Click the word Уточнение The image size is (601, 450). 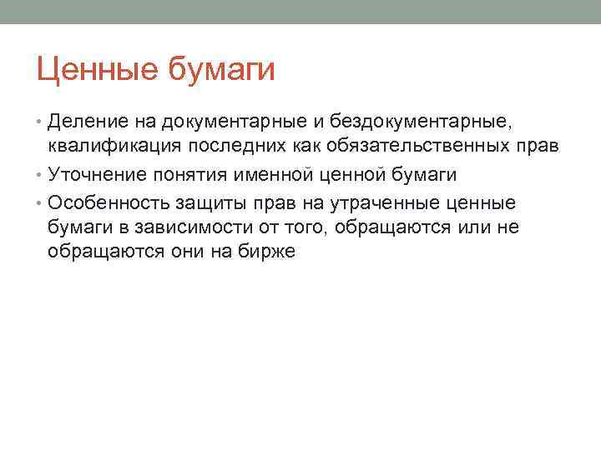[93, 175]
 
